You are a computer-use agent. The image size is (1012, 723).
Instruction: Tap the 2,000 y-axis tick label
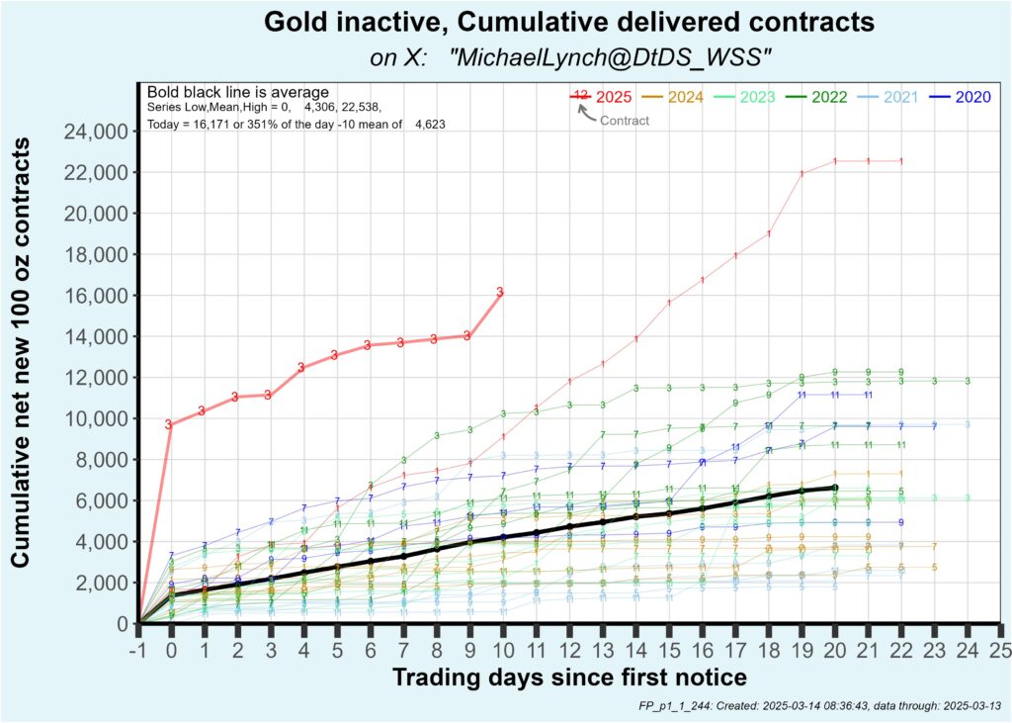click(x=101, y=583)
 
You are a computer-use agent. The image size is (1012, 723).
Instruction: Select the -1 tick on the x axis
click(x=138, y=651)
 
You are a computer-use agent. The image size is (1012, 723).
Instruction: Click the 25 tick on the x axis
click(x=1000, y=651)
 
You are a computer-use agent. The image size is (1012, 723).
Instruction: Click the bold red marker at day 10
click(x=500, y=292)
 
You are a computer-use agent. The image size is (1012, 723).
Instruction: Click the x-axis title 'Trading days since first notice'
click(x=568, y=678)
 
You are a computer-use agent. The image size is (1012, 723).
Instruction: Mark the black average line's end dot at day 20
click(x=835, y=488)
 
